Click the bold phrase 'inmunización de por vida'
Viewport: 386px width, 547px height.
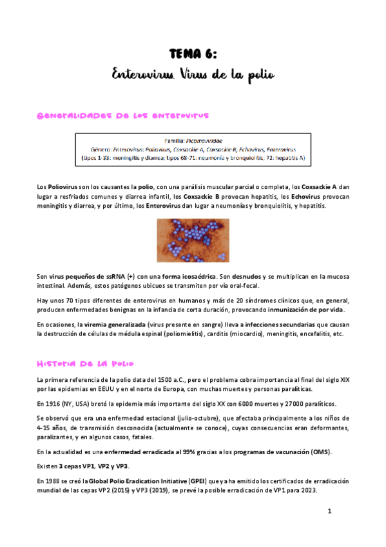[x=309, y=308]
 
